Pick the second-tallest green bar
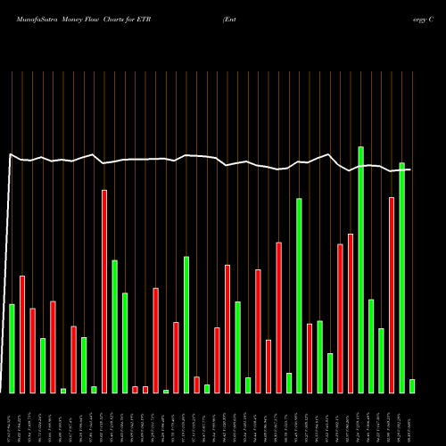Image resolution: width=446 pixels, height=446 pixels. [x=401, y=277]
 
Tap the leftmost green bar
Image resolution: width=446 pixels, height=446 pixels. [x=12, y=348]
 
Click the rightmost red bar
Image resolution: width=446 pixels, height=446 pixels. [x=392, y=294]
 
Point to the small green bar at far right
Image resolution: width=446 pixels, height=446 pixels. [x=412, y=385]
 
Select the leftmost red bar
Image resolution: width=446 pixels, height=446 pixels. [x=22, y=334]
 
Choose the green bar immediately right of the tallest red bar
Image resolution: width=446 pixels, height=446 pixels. [x=115, y=326]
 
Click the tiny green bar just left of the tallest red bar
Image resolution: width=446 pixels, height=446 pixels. [x=94, y=389]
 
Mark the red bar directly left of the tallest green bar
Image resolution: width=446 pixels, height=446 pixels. [x=351, y=313]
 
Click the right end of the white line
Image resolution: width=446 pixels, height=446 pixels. [x=411, y=169]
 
